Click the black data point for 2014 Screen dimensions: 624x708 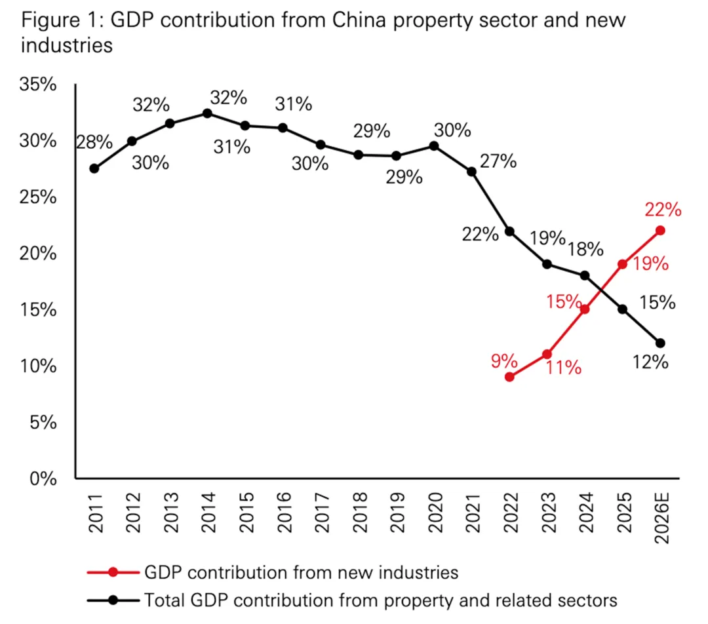207,113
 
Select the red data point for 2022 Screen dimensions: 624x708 509,377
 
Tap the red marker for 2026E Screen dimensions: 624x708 660,230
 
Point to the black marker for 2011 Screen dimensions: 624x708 94,168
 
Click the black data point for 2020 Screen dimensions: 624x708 433,146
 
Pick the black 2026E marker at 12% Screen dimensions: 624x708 660,343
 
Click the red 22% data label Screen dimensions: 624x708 663,210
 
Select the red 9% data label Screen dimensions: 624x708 505,360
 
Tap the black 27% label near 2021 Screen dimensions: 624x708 498,161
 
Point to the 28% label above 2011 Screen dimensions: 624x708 94,142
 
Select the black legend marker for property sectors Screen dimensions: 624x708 113,600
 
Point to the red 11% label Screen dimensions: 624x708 562,367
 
